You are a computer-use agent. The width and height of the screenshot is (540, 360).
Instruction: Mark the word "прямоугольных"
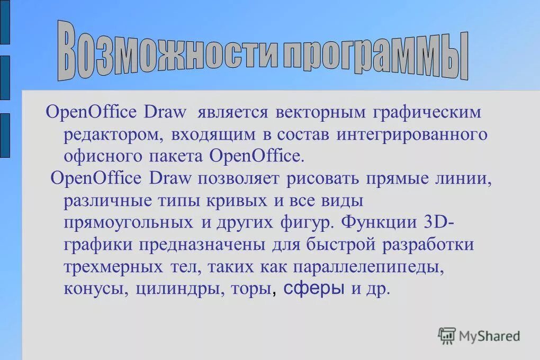128,222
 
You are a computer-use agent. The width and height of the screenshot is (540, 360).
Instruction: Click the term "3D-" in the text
439,222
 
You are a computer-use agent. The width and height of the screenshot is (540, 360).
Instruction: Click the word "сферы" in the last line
315,289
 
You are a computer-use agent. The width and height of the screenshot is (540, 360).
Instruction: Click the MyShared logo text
489,335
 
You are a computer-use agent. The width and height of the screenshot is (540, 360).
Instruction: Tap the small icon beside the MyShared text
446,335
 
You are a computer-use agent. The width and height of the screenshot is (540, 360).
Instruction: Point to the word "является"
233,112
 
